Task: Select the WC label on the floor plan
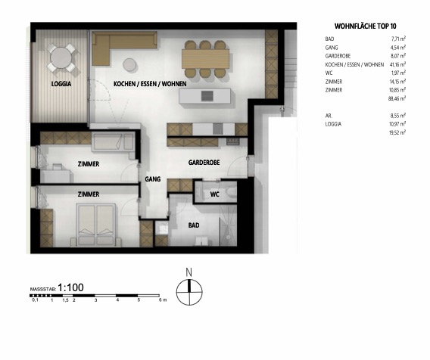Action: pos(214,194)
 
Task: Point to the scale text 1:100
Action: pos(71,288)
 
